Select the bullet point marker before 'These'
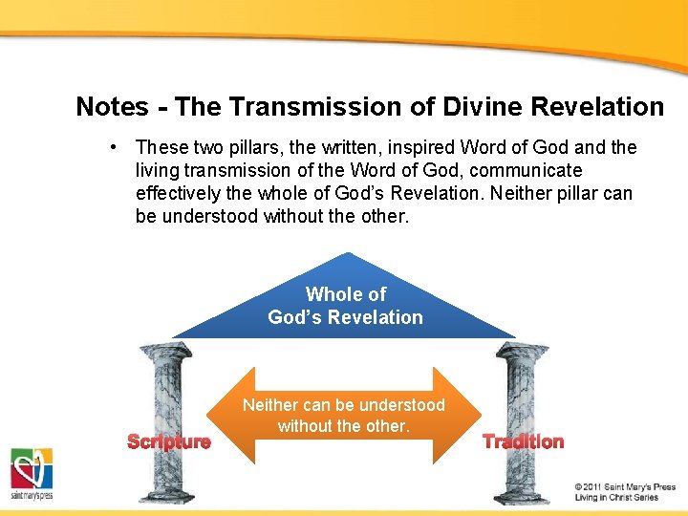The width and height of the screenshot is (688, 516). point(114,147)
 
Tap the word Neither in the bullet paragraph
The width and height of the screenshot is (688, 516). point(524,193)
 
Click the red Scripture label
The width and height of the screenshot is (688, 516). point(169,441)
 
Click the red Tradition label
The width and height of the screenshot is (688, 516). point(523,441)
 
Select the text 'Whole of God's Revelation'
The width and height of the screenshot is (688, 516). point(345,306)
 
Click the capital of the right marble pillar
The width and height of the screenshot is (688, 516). point(522,352)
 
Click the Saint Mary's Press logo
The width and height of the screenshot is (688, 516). point(32,474)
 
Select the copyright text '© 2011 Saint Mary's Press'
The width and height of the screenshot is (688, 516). point(625,486)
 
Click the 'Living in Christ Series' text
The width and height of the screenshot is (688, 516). point(616,498)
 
